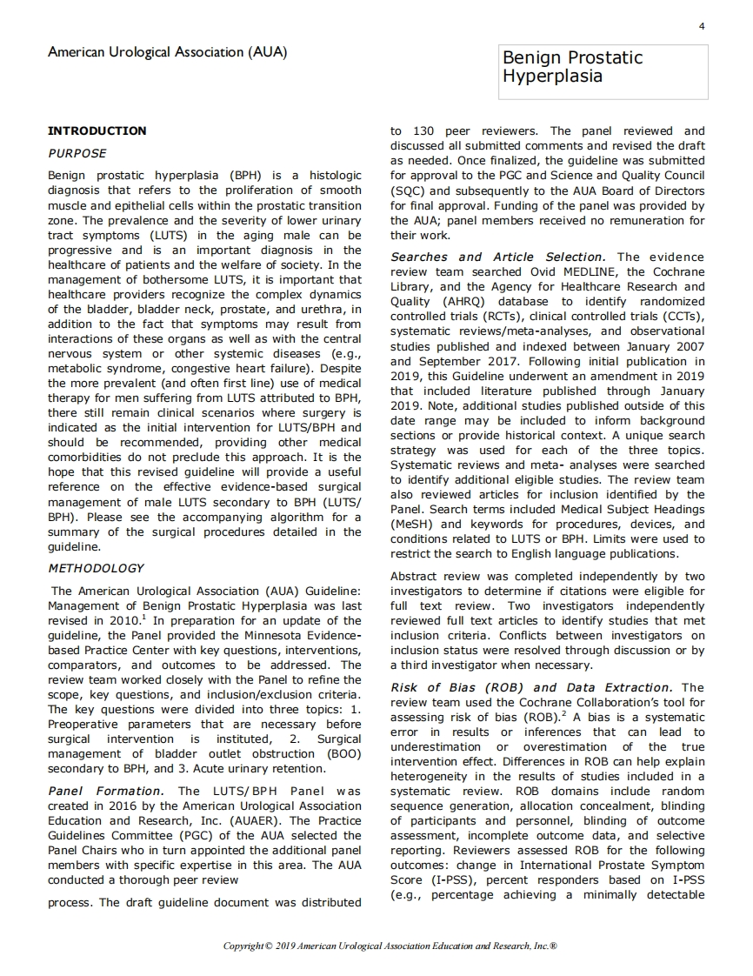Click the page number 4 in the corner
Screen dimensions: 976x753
(702, 26)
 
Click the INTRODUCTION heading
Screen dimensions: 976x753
(97, 130)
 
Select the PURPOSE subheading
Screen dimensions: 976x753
(77, 153)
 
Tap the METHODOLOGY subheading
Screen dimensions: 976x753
(96, 568)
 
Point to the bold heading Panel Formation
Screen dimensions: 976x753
(105, 791)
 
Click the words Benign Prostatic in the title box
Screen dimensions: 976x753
(573, 58)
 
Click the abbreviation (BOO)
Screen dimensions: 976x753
(343, 754)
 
